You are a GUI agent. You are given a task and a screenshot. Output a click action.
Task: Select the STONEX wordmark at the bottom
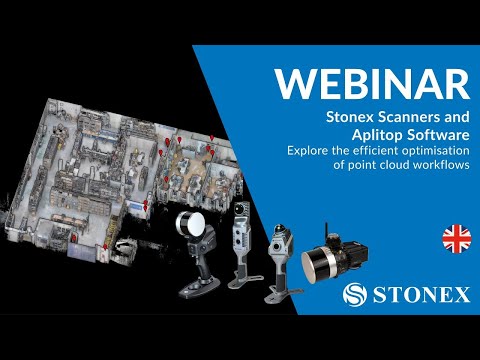[x=417, y=295]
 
